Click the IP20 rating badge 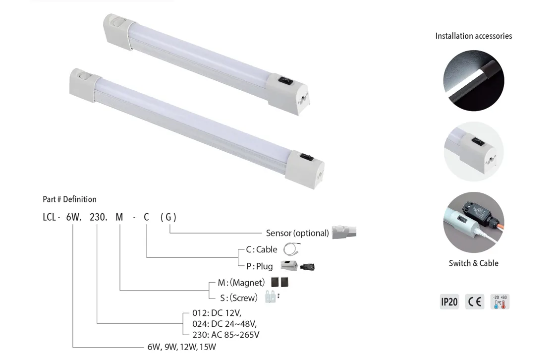pos(449,301)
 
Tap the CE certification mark pos(475,301)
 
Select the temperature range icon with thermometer pos(499,301)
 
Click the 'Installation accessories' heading pos(473,36)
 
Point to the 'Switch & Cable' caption pos(473,263)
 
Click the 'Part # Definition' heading pos(69,199)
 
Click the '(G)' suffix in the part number pos(168,217)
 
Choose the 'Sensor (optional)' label pos(297,233)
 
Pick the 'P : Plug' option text pos(260,266)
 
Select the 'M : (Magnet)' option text pos(241,283)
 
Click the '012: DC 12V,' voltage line pos(217,313)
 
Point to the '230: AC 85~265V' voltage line pos(225,335)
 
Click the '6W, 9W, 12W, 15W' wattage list pos(182,347)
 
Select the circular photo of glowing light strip pos(473,81)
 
